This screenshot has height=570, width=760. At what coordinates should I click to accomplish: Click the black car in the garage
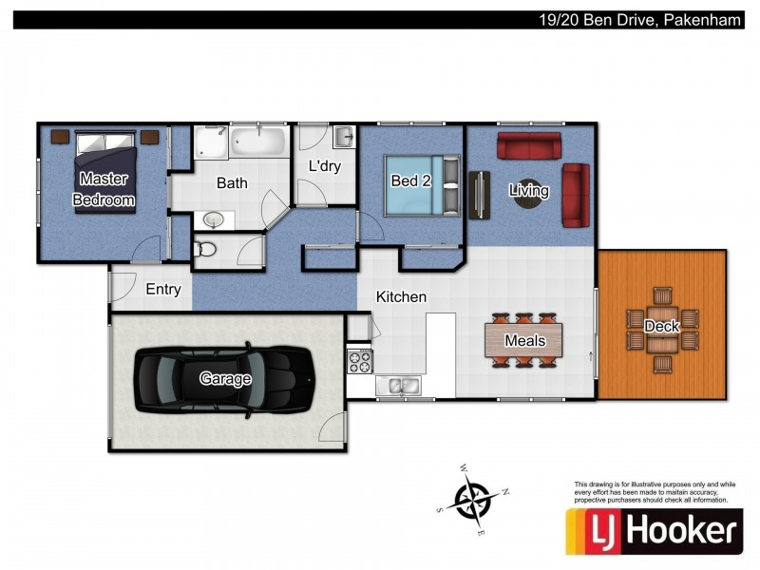pyautogui.click(x=223, y=379)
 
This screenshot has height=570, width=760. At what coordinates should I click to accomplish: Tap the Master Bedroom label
pyautogui.click(x=104, y=189)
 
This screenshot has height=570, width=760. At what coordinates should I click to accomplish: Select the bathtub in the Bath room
pyautogui.click(x=257, y=143)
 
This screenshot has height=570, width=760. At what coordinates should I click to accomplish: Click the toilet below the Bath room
pyautogui.click(x=206, y=250)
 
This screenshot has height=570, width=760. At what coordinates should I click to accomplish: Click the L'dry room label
pyautogui.click(x=324, y=165)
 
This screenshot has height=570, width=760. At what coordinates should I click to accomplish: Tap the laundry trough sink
pyautogui.click(x=343, y=137)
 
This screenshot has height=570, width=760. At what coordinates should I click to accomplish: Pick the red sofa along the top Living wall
pyautogui.click(x=529, y=146)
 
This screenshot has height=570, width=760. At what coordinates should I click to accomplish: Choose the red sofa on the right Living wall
pyautogui.click(x=576, y=195)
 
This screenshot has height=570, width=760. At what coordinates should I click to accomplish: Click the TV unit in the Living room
pyautogui.click(x=479, y=195)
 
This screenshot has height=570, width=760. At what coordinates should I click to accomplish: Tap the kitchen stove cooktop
pyautogui.click(x=361, y=361)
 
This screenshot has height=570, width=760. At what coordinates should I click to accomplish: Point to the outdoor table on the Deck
pyautogui.click(x=662, y=328)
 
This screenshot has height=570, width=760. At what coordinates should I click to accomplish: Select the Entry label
pyautogui.click(x=162, y=290)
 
